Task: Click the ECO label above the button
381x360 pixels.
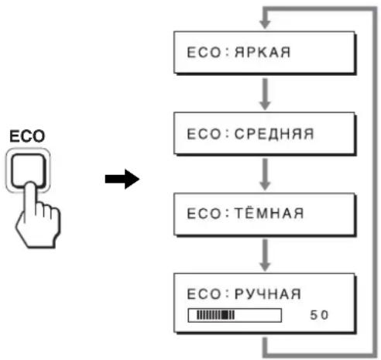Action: click(27, 136)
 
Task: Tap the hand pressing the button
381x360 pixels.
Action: click(39, 217)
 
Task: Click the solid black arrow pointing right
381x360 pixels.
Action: click(122, 179)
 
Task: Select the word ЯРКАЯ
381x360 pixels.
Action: click(263, 53)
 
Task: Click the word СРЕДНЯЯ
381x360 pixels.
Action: click(274, 134)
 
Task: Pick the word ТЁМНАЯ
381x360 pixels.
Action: click(269, 213)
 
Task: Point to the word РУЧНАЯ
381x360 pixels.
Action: click(268, 293)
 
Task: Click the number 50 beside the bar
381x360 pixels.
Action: click(319, 315)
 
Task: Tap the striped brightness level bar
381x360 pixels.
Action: click(235, 315)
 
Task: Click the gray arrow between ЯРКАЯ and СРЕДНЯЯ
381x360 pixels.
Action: click(265, 94)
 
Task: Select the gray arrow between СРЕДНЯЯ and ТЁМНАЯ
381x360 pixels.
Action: click(265, 174)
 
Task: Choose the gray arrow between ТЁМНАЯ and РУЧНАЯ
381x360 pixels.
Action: click(265, 255)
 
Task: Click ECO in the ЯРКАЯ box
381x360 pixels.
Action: click(204, 53)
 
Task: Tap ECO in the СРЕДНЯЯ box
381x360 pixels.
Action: click(204, 134)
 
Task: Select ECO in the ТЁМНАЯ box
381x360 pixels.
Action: click(204, 214)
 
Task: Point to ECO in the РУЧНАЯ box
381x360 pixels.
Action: click(204, 294)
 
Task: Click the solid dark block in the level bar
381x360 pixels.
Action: click(225, 315)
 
